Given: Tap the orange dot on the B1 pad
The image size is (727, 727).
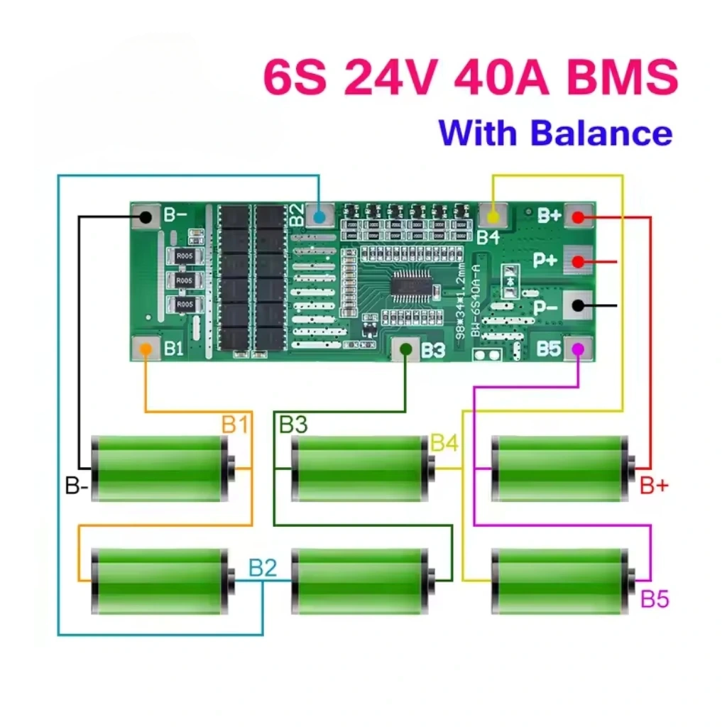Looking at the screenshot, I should [x=146, y=349].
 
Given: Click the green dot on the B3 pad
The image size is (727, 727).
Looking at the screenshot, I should [x=406, y=349].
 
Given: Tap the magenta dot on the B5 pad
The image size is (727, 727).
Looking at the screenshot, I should [x=579, y=349].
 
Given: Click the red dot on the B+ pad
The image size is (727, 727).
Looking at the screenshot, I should [x=579, y=217].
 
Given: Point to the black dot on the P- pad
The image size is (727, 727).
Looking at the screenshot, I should [x=579, y=306].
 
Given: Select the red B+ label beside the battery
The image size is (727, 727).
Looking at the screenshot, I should [x=654, y=486].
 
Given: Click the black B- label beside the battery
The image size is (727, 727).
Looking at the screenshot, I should [x=77, y=486].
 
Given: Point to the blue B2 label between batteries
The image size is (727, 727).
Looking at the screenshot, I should [x=262, y=567].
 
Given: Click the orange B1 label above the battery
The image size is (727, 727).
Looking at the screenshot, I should [x=235, y=425].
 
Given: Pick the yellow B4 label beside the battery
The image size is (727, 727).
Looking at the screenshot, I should [x=444, y=443].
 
